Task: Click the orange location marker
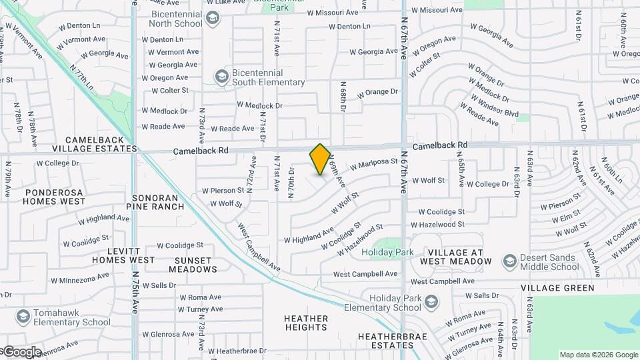[320, 159]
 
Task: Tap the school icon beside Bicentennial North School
[213, 18]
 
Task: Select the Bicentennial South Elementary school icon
[221, 77]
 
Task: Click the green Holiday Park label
[387, 253]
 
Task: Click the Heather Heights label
[306, 323]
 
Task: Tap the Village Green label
[558, 288]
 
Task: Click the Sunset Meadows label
[193, 265]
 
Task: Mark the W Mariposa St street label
[373, 163]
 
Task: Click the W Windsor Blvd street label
[494, 106]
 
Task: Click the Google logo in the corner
[21, 352]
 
